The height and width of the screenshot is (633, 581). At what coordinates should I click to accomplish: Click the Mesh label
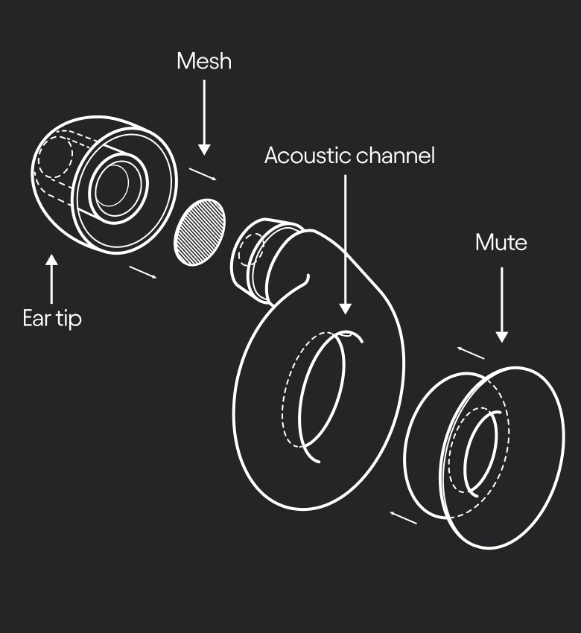pos(204,61)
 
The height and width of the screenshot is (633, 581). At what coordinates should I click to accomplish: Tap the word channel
pos(396,156)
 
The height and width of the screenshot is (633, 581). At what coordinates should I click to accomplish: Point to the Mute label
pos(501,243)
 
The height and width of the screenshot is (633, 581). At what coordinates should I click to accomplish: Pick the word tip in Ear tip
pos(69,319)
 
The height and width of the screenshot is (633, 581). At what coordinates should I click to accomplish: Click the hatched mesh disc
pos(200,232)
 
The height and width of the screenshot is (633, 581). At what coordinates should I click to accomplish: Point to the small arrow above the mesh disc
pos(203,174)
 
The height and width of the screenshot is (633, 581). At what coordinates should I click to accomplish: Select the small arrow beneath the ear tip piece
pos(142,272)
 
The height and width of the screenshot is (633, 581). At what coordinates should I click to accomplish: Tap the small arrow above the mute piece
pos(470,352)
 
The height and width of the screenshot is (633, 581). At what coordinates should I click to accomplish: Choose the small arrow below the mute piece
pos(404,517)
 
